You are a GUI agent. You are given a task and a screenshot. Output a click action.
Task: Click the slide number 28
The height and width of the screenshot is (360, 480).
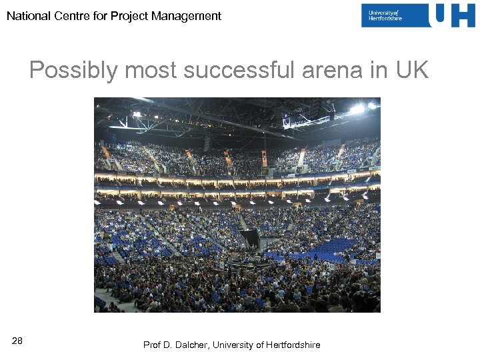click(x=17, y=341)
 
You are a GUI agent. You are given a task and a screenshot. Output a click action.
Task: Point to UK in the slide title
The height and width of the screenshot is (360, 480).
click(x=412, y=71)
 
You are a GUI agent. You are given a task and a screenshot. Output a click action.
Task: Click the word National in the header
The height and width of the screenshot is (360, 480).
click(x=28, y=16)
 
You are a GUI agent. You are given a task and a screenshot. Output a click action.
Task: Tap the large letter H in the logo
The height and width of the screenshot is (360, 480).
click(x=463, y=15)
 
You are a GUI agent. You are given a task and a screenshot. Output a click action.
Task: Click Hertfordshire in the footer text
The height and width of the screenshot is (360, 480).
click(x=293, y=345)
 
